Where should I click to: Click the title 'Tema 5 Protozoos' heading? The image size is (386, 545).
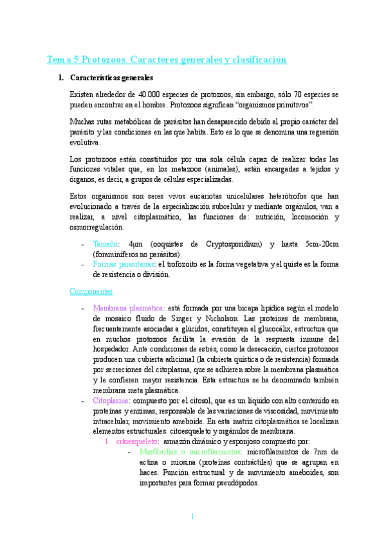(166, 60)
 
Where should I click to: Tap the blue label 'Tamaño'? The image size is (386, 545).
(106, 244)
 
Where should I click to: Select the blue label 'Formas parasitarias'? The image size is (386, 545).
(124, 264)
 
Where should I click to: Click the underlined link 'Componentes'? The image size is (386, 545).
(91, 290)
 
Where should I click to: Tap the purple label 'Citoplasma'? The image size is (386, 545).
(112, 400)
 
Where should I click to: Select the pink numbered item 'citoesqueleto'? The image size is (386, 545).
(136, 442)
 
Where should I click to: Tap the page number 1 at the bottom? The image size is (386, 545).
(192, 516)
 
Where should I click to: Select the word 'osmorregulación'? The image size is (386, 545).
(98, 227)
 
